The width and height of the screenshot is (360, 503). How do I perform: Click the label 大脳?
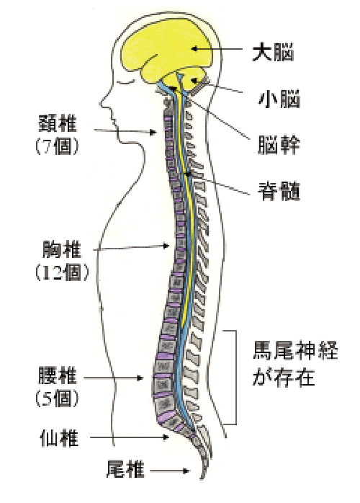pos(273,53)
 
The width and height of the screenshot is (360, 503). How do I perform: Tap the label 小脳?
pos(279,99)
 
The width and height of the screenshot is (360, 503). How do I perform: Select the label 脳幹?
pos(279,145)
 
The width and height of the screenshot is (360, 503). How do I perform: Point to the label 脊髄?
pos(279,192)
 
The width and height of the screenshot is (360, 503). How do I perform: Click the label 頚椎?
pos(58,123)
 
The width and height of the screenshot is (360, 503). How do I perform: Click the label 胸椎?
pos(62,249)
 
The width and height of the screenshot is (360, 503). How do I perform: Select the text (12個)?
pos(62,273)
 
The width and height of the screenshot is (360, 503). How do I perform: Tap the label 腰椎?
pos(58,375)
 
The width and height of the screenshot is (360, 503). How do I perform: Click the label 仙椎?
pos(59,438)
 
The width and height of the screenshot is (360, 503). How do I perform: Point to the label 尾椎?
pos(125,469)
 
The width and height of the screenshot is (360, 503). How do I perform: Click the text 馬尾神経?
pos(295,351)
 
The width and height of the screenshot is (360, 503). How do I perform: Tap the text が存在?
pos(284,378)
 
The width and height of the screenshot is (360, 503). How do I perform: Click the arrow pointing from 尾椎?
pos(170,471)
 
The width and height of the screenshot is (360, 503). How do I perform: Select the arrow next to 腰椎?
pos(113,378)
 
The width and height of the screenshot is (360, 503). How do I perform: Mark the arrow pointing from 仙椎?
pos(129,437)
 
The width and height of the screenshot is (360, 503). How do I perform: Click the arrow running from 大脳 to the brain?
pos(217,49)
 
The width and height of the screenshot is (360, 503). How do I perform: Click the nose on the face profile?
pos(103,103)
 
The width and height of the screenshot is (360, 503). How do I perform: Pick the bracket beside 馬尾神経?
pos(236,378)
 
